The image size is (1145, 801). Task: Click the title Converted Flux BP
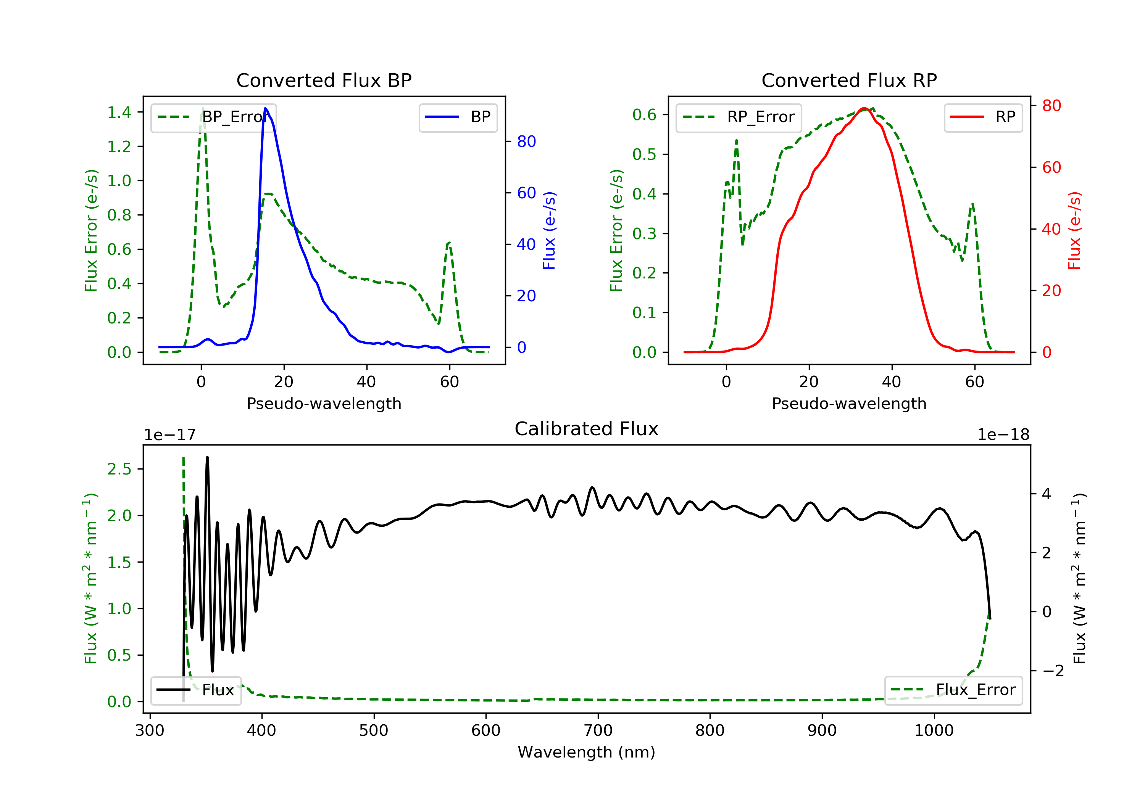(x=324, y=80)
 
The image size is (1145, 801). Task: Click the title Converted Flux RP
(x=849, y=80)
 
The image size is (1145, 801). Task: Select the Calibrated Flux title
(x=587, y=429)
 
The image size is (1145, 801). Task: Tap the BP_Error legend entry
(x=213, y=117)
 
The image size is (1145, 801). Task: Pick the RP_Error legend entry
(x=739, y=117)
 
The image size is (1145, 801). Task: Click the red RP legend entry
(x=983, y=117)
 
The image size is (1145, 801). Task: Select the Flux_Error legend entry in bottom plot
(x=953, y=690)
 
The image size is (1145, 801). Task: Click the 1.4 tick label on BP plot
(x=119, y=113)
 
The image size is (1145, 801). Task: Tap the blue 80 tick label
(x=527, y=142)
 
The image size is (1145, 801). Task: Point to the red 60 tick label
(x=1052, y=167)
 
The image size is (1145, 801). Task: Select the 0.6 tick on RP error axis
(x=644, y=115)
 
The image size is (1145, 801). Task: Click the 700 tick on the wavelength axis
(x=598, y=731)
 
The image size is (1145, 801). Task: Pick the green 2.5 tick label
(x=119, y=469)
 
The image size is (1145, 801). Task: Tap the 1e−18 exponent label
(x=1003, y=435)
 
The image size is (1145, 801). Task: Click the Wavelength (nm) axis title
(x=587, y=752)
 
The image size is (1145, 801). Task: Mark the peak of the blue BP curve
(x=265, y=108)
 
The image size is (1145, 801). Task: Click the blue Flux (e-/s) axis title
(x=549, y=230)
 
